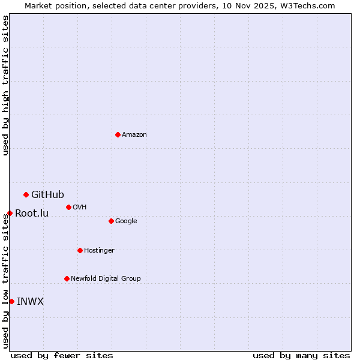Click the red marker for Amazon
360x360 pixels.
point(118,134)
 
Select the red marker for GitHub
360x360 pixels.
point(26,194)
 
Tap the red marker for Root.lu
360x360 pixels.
point(10,213)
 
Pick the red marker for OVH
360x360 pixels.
point(68,207)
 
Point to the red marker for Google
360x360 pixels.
point(111,221)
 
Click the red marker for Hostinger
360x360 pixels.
point(80,250)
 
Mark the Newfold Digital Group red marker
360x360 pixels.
point(67,278)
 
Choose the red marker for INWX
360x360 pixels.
point(11,301)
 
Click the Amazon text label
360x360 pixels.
point(134,134)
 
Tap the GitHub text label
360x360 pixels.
point(47,194)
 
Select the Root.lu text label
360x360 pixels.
point(32,213)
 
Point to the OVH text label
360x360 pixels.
point(80,207)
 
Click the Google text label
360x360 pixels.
point(126,221)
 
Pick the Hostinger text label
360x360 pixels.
point(99,250)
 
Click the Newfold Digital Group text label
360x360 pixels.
point(106,278)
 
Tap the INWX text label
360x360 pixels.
point(30,301)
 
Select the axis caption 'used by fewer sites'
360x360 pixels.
point(62,355)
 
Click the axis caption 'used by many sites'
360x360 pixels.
point(301,355)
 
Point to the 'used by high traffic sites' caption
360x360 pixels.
point(5,85)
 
